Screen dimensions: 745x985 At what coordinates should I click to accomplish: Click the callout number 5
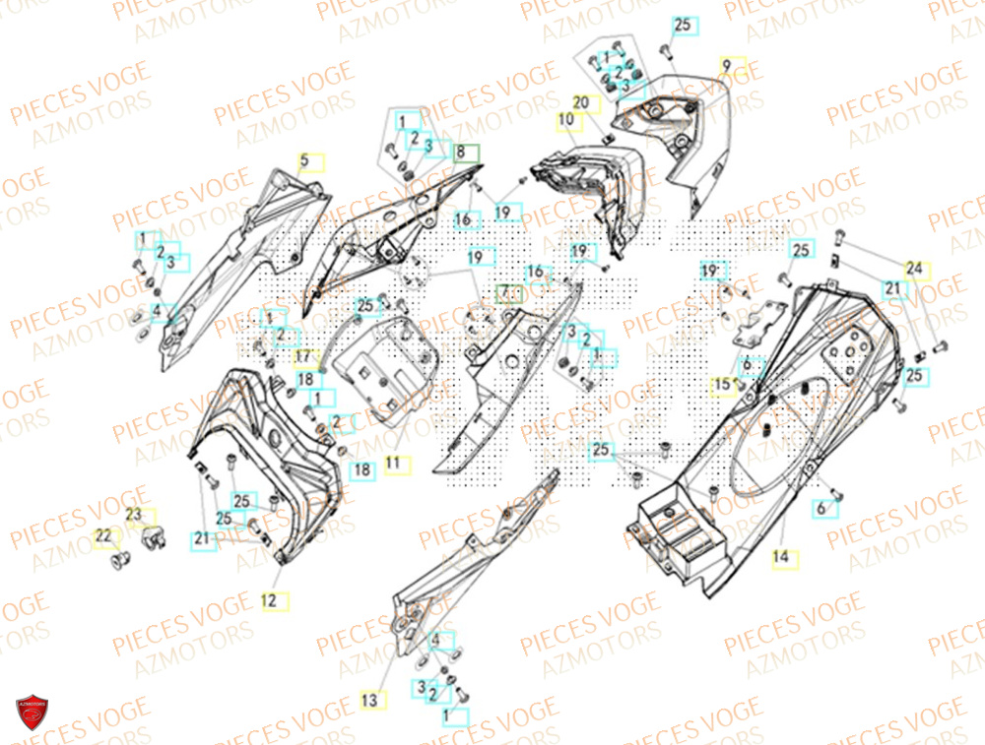[304, 159]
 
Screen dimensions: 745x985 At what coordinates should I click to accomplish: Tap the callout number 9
[727, 65]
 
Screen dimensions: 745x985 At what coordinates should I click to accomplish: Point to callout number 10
[565, 121]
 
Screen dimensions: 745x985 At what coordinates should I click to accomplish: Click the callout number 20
[580, 102]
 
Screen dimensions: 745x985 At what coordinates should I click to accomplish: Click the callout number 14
[780, 558]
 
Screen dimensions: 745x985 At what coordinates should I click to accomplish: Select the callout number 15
[723, 383]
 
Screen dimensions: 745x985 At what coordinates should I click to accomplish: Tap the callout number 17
[302, 356]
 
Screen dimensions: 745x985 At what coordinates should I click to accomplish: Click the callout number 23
[134, 515]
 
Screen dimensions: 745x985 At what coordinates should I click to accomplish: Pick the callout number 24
[916, 268]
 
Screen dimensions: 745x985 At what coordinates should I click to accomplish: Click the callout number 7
[507, 293]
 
